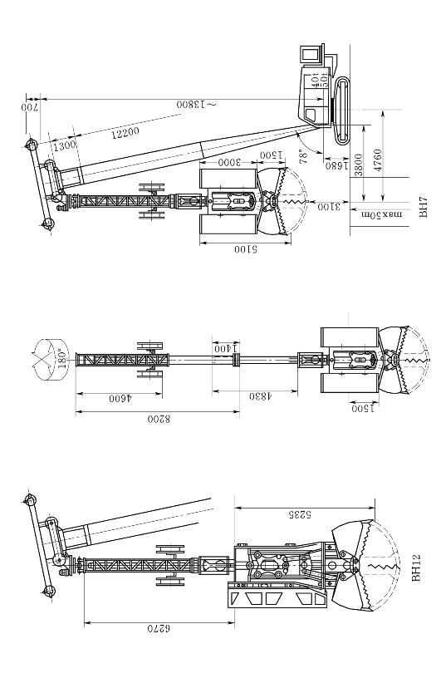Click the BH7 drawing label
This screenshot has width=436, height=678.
pos(424,207)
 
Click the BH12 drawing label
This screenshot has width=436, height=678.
pos(416,568)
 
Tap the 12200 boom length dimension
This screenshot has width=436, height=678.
pos(125,133)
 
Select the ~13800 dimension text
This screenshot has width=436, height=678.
pos(196,105)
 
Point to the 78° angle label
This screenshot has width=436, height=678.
pos(303,155)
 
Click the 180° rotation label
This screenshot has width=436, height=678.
pos(61,358)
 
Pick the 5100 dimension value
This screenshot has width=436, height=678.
pos(246,249)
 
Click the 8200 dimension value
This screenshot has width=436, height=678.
pos(159,419)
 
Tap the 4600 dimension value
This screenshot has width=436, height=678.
pos(120,398)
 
